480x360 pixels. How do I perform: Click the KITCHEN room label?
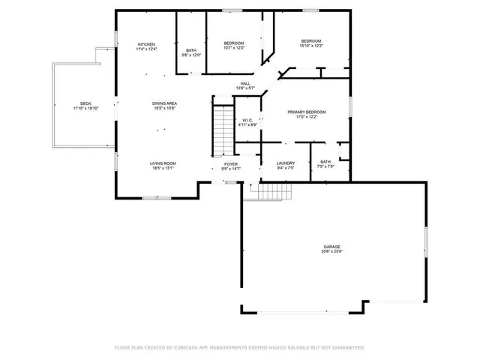tap(145, 45)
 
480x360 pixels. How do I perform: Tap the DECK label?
tap(85, 103)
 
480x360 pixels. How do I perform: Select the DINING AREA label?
tap(163, 103)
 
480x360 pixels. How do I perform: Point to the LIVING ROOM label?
tap(162, 163)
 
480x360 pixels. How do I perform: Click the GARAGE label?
tap(332, 247)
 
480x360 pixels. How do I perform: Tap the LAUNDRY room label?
tap(285, 163)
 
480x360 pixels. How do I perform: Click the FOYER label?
tap(231, 163)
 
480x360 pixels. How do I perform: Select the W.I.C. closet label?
tap(248, 120)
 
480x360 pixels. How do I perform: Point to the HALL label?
tap(245, 83)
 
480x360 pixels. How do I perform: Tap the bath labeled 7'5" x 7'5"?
tap(325, 162)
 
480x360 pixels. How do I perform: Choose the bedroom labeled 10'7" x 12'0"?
tap(234, 43)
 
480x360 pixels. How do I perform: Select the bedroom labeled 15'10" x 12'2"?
tap(311, 40)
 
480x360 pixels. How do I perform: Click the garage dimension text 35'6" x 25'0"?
tap(332, 252)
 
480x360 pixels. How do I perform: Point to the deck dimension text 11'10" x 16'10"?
tap(85, 109)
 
